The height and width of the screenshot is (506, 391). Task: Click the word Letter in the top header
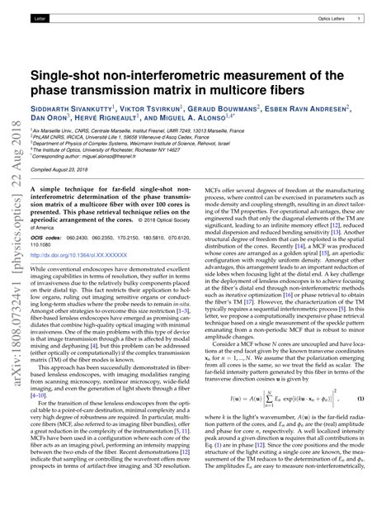(40, 17)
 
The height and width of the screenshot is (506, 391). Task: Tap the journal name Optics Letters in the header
(331, 17)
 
